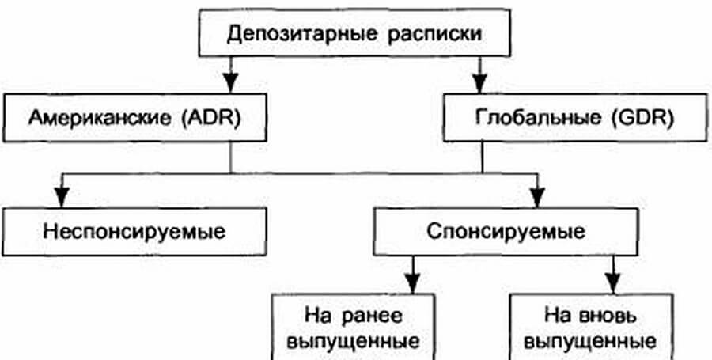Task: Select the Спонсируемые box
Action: point(507,232)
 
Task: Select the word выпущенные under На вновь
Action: point(591,343)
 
